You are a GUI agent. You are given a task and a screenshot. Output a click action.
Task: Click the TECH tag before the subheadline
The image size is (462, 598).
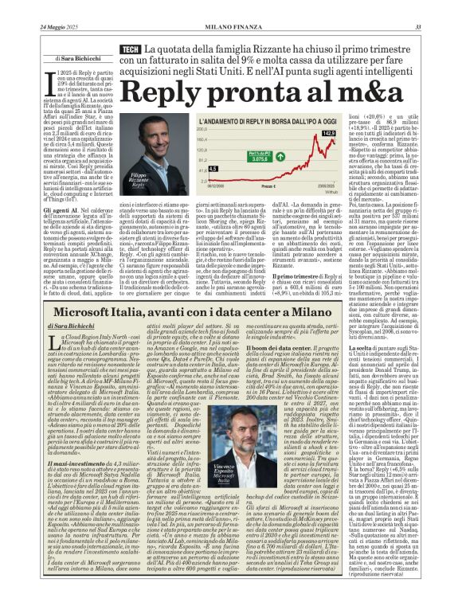point(129,50)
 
